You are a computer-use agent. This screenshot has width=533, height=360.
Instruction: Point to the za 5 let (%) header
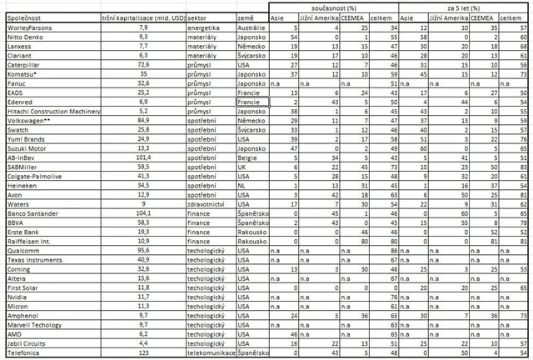tap(463, 6)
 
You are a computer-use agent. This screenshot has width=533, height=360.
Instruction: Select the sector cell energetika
tap(204, 27)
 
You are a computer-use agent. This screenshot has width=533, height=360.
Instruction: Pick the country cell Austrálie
tap(251, 27)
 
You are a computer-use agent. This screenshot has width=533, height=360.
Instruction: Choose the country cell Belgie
tap(247, 156)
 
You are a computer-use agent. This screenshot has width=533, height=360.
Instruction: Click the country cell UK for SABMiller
tap(242, 165)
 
